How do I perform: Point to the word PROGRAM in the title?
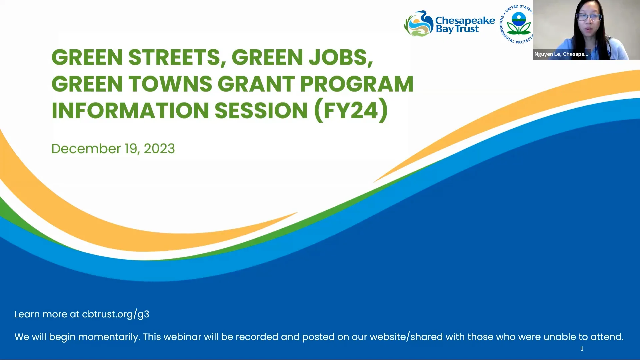[357, 84]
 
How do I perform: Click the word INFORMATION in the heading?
[130, 110]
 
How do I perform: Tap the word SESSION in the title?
[261, 110]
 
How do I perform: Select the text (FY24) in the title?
[351, 110]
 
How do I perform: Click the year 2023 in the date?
[159, 149]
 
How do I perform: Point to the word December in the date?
[86, 149]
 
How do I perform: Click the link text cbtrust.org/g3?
[115, 314]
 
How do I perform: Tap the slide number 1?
[582, 349]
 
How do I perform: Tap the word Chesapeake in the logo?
[465, 20]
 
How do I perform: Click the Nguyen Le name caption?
[561, 54]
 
